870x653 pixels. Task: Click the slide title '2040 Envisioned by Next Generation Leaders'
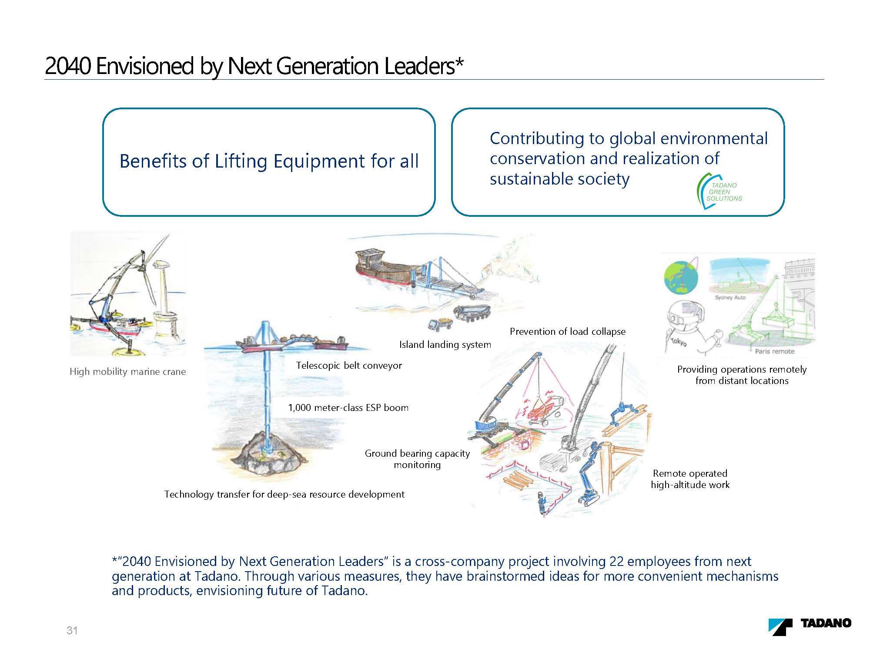[254, 66]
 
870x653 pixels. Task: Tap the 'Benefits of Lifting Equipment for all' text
[269, 161]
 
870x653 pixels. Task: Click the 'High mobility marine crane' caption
[127, 371]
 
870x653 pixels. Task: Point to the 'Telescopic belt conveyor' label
[349, 365]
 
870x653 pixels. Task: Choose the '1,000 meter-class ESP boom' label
[348, 407]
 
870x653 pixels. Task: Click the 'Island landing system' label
[445, 344]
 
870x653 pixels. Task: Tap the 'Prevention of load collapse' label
[568, 331]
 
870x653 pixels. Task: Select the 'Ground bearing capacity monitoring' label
[417, 459]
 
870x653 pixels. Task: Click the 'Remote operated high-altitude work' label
[690, 479]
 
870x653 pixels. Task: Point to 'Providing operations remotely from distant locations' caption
[742, 375]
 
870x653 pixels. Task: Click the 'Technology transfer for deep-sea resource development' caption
[284, 494]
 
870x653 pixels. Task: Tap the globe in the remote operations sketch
[681, 277]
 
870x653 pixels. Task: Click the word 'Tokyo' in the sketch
[679, 342]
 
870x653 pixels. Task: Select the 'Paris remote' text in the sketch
[774, 351]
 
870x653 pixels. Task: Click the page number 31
[72, 630]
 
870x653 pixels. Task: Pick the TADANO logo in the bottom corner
[810, 626]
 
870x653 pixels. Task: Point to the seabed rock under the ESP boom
[265, 457]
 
